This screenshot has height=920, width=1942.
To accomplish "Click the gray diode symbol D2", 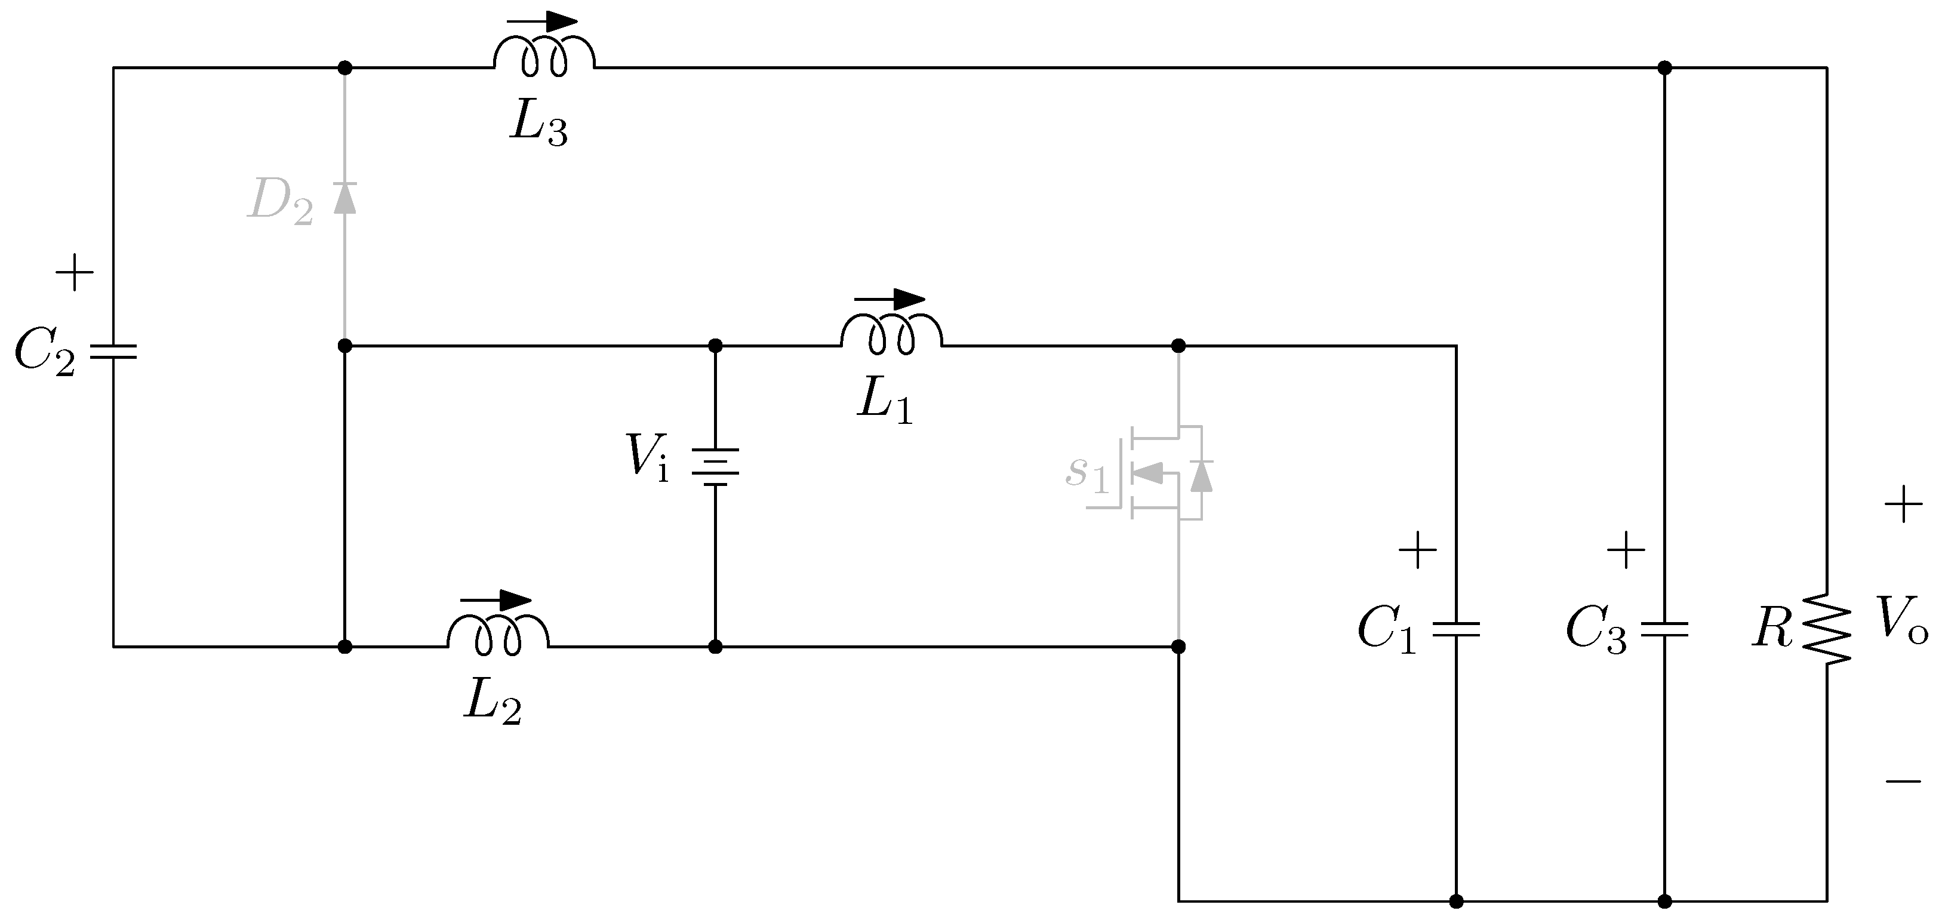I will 344,198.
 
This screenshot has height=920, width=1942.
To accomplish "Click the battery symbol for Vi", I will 715,467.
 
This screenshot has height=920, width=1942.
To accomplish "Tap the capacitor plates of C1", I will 1455,629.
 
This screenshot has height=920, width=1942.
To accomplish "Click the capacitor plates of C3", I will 1664,629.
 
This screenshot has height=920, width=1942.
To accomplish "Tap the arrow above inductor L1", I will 890,299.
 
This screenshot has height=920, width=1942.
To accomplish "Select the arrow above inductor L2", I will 495,600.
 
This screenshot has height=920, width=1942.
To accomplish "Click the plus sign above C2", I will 75,272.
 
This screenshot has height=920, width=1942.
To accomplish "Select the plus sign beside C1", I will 1417,550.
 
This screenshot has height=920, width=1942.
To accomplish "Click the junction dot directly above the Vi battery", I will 715,346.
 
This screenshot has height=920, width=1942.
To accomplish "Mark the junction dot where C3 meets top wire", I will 1664,68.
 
